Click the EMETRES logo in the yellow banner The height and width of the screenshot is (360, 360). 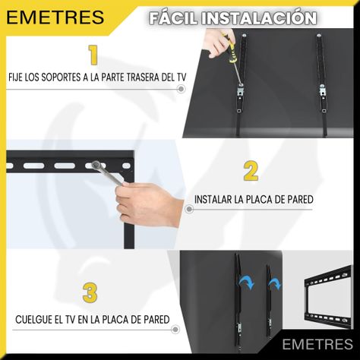55,17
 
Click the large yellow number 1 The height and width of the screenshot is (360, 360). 93,55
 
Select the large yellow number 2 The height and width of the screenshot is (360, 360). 251,171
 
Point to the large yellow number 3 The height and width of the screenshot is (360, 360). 90,292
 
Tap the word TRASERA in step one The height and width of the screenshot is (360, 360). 143,77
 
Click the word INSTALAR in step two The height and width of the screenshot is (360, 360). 213,200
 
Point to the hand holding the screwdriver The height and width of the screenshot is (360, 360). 218,43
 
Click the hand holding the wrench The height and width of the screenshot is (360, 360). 150,204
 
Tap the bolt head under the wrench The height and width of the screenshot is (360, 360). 96,165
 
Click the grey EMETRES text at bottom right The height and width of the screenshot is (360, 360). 317,344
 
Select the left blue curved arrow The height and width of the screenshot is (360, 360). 245,282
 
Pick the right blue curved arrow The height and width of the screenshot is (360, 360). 275,283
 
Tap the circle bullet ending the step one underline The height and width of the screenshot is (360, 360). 181,89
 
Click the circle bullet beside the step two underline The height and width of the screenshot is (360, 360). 189,209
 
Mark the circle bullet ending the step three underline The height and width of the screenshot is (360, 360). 175,330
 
